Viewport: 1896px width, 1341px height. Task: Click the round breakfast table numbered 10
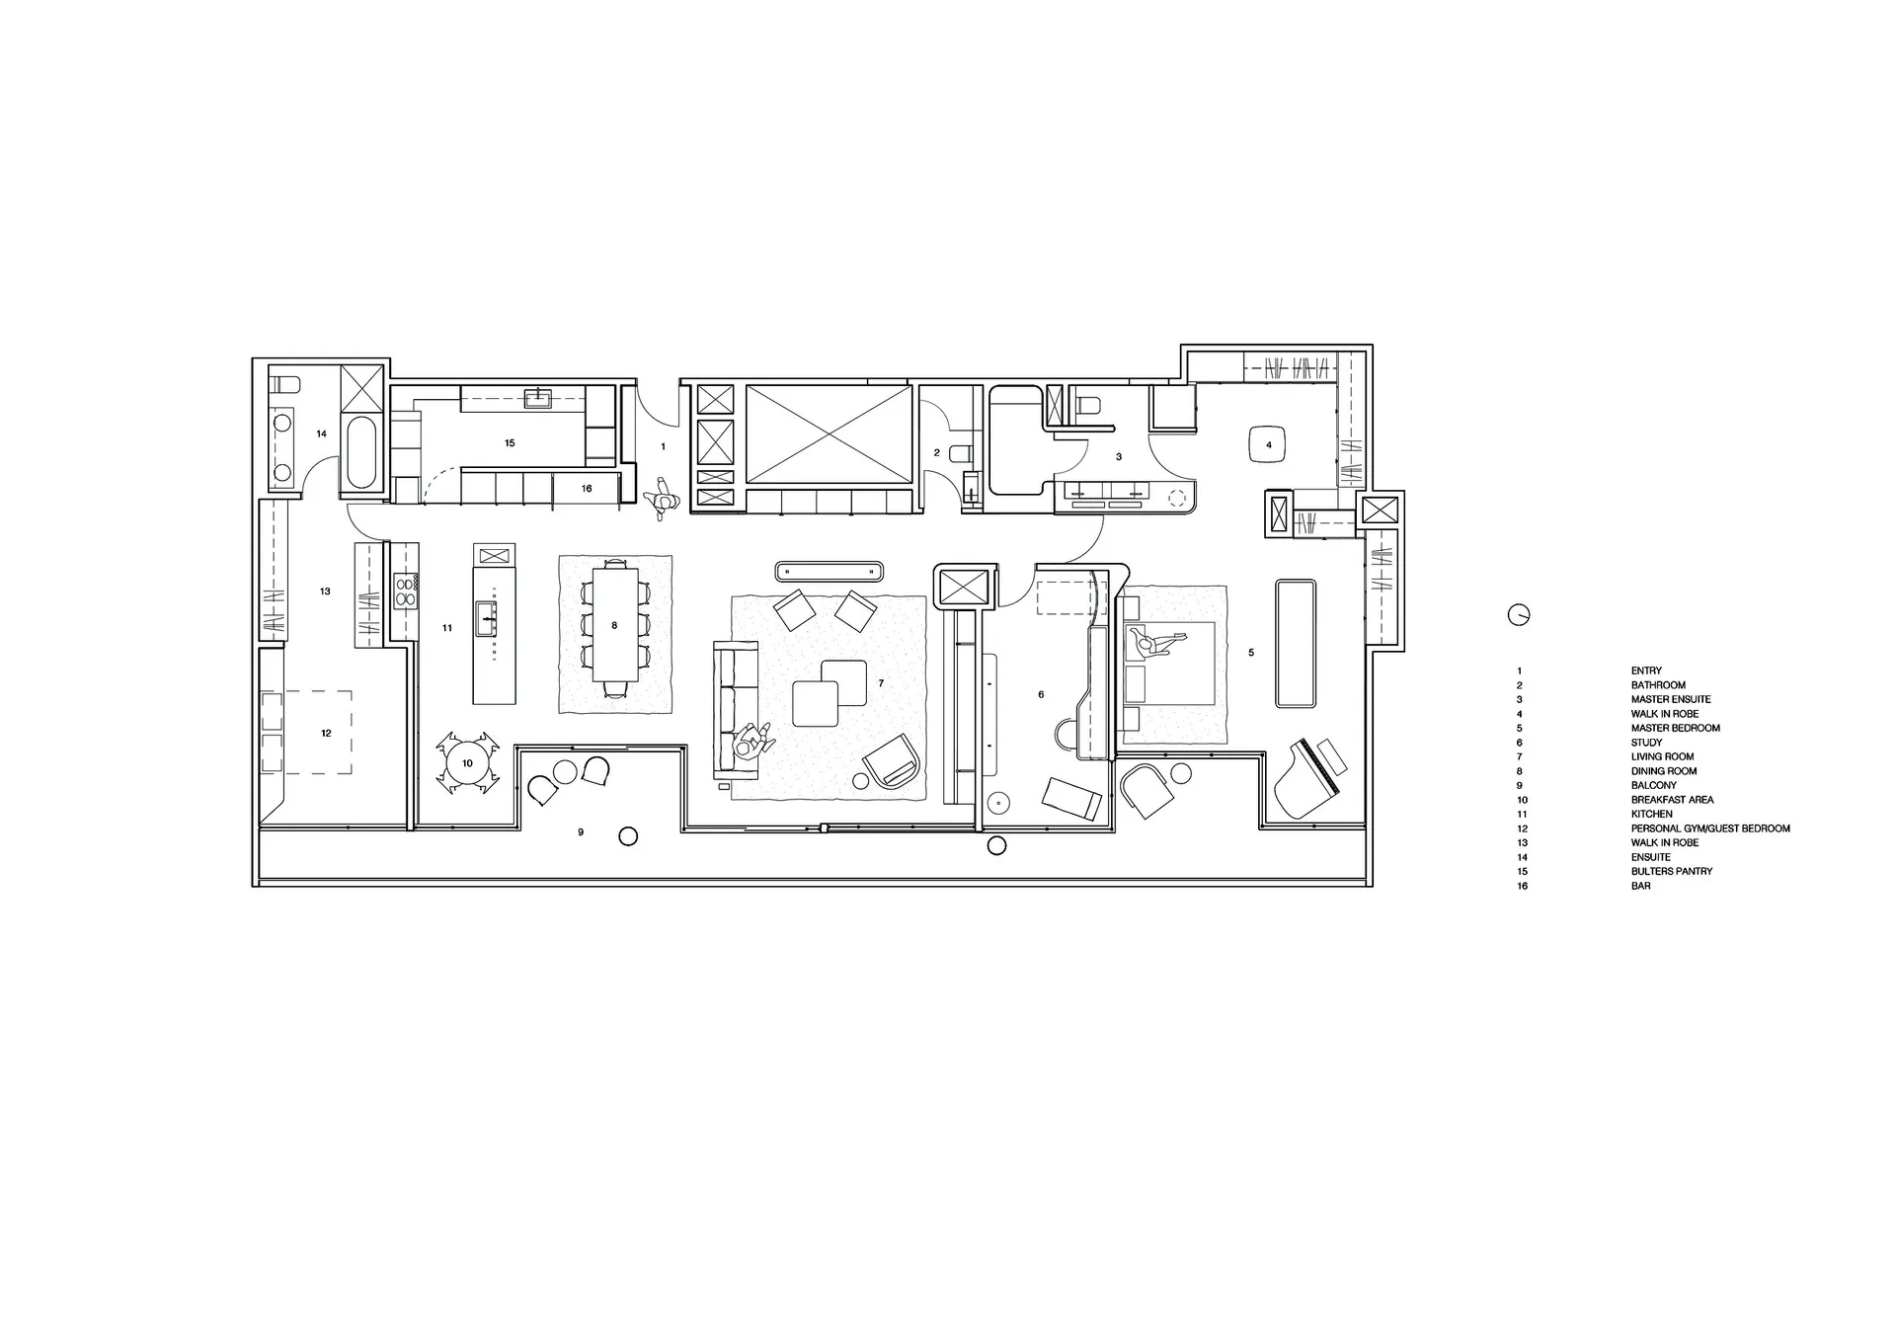pyautogui.click(x=467, y=763)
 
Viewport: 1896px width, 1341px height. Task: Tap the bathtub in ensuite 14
pyautogui.click(x=360, y=453)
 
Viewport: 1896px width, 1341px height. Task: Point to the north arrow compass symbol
pyautogui.click(x=1519, y=614)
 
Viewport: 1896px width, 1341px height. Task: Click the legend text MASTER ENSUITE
pyautogui.click(x=1671, y=699)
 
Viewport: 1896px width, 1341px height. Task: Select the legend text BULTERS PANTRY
pyautogui.click(x=1672, y=872)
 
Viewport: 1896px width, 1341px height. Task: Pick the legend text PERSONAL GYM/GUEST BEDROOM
pyautogui.click(x=1710, y=828)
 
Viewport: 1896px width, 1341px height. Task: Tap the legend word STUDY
pyautogui.click(x=1646, y=743)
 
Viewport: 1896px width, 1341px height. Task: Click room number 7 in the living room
pyautogui.click(x=881, y=683)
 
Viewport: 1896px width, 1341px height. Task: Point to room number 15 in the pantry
pyautogui.click(x=510, y=443)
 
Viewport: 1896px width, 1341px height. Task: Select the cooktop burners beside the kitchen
pyautogui.click(x=405, y=592)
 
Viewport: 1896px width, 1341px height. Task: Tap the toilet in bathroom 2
pyautogui.click(x=958, y=454)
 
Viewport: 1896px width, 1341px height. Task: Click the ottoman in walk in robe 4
pyautogui.click(x=1269, y=444)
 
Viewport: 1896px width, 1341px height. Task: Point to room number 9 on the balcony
pyautogui.click(x=581, y=832)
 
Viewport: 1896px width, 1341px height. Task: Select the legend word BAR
pyautogui.click(x=1640, y=886)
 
